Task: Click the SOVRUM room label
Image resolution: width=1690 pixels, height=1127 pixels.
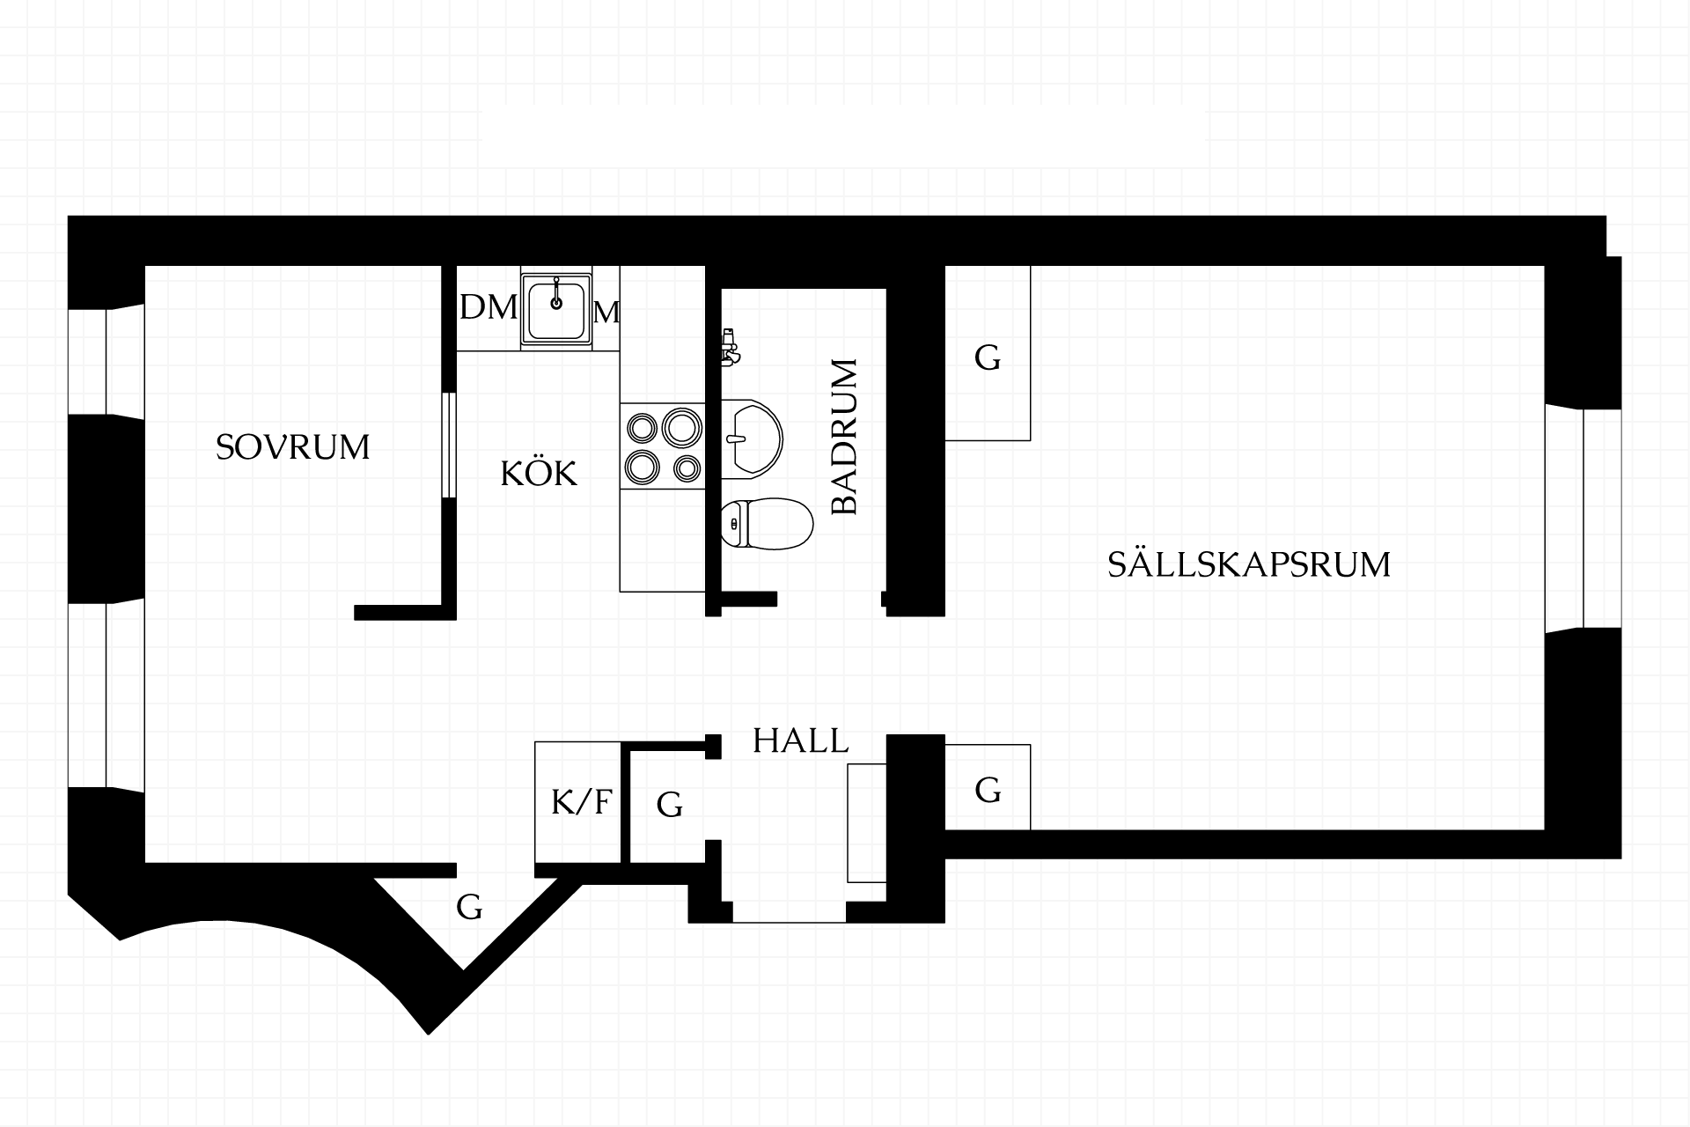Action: [x=292, y=447]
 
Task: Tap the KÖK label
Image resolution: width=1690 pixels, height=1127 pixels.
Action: [x=539, y=473]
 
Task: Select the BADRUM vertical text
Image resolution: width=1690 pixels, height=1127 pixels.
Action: [x=844, y=436]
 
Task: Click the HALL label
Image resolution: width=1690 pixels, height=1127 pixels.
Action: [x=801, y=741]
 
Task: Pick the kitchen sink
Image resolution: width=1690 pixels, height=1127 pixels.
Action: [x=556, y=308]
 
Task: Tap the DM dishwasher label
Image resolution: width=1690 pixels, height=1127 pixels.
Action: [x=489, y=308]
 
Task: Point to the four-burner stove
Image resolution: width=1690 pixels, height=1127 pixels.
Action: [x=663, y=446]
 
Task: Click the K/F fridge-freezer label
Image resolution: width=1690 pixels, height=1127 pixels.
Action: [x=581, y=802]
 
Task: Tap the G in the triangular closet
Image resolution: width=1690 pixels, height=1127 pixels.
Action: [x=469, y=906]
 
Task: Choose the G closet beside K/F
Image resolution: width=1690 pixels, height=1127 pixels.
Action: [x=670, y=804]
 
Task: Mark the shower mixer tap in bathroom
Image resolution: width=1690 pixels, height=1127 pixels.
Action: [x=729, y=347]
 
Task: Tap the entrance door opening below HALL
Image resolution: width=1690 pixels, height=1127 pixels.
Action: [x=789, y=912]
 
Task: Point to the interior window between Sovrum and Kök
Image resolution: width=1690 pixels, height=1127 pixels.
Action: [x=450, y=446]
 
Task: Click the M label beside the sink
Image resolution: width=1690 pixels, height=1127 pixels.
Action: [x=606, y=313]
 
